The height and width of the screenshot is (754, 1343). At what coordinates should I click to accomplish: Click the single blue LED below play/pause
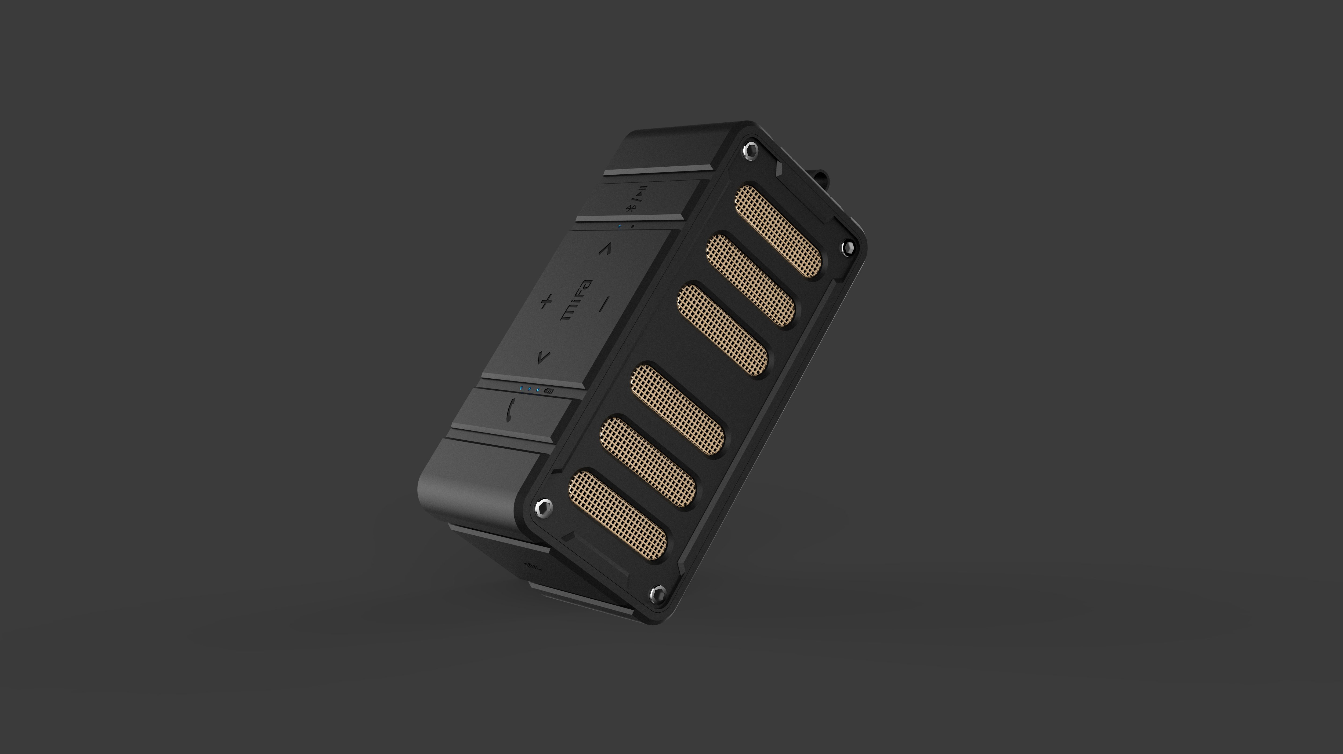coord(619,226)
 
